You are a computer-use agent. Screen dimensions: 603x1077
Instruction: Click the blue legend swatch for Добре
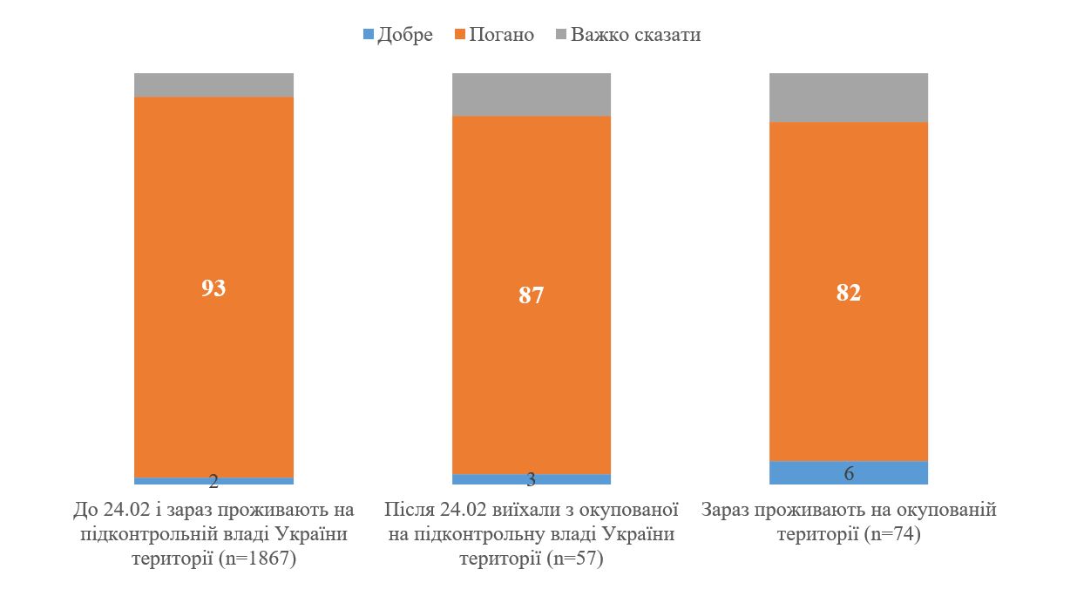coord(368,36)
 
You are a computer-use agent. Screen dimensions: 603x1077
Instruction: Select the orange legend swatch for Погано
coord(460,36)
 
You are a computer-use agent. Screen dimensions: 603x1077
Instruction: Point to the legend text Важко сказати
coord(636,36)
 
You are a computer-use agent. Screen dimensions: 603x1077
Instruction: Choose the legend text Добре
coord(405,36)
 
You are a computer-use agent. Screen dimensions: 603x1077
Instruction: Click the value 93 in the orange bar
coord(213,288)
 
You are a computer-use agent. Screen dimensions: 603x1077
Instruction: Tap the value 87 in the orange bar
coord(531,295)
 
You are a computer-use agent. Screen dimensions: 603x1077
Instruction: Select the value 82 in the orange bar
coord(848,292)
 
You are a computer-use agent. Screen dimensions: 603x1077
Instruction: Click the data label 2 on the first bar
coord(213,482)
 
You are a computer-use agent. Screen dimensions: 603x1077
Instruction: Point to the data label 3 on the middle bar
coord(531,480)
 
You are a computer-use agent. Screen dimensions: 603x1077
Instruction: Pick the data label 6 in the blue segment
coord(848,473)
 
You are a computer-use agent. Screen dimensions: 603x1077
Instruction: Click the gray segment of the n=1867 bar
coord(213,85)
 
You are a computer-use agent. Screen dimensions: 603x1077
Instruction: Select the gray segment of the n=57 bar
coord(531,94)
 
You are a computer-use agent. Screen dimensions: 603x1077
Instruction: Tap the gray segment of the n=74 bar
coord(848,98)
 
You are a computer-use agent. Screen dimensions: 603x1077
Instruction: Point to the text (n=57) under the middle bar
coord(572,559)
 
